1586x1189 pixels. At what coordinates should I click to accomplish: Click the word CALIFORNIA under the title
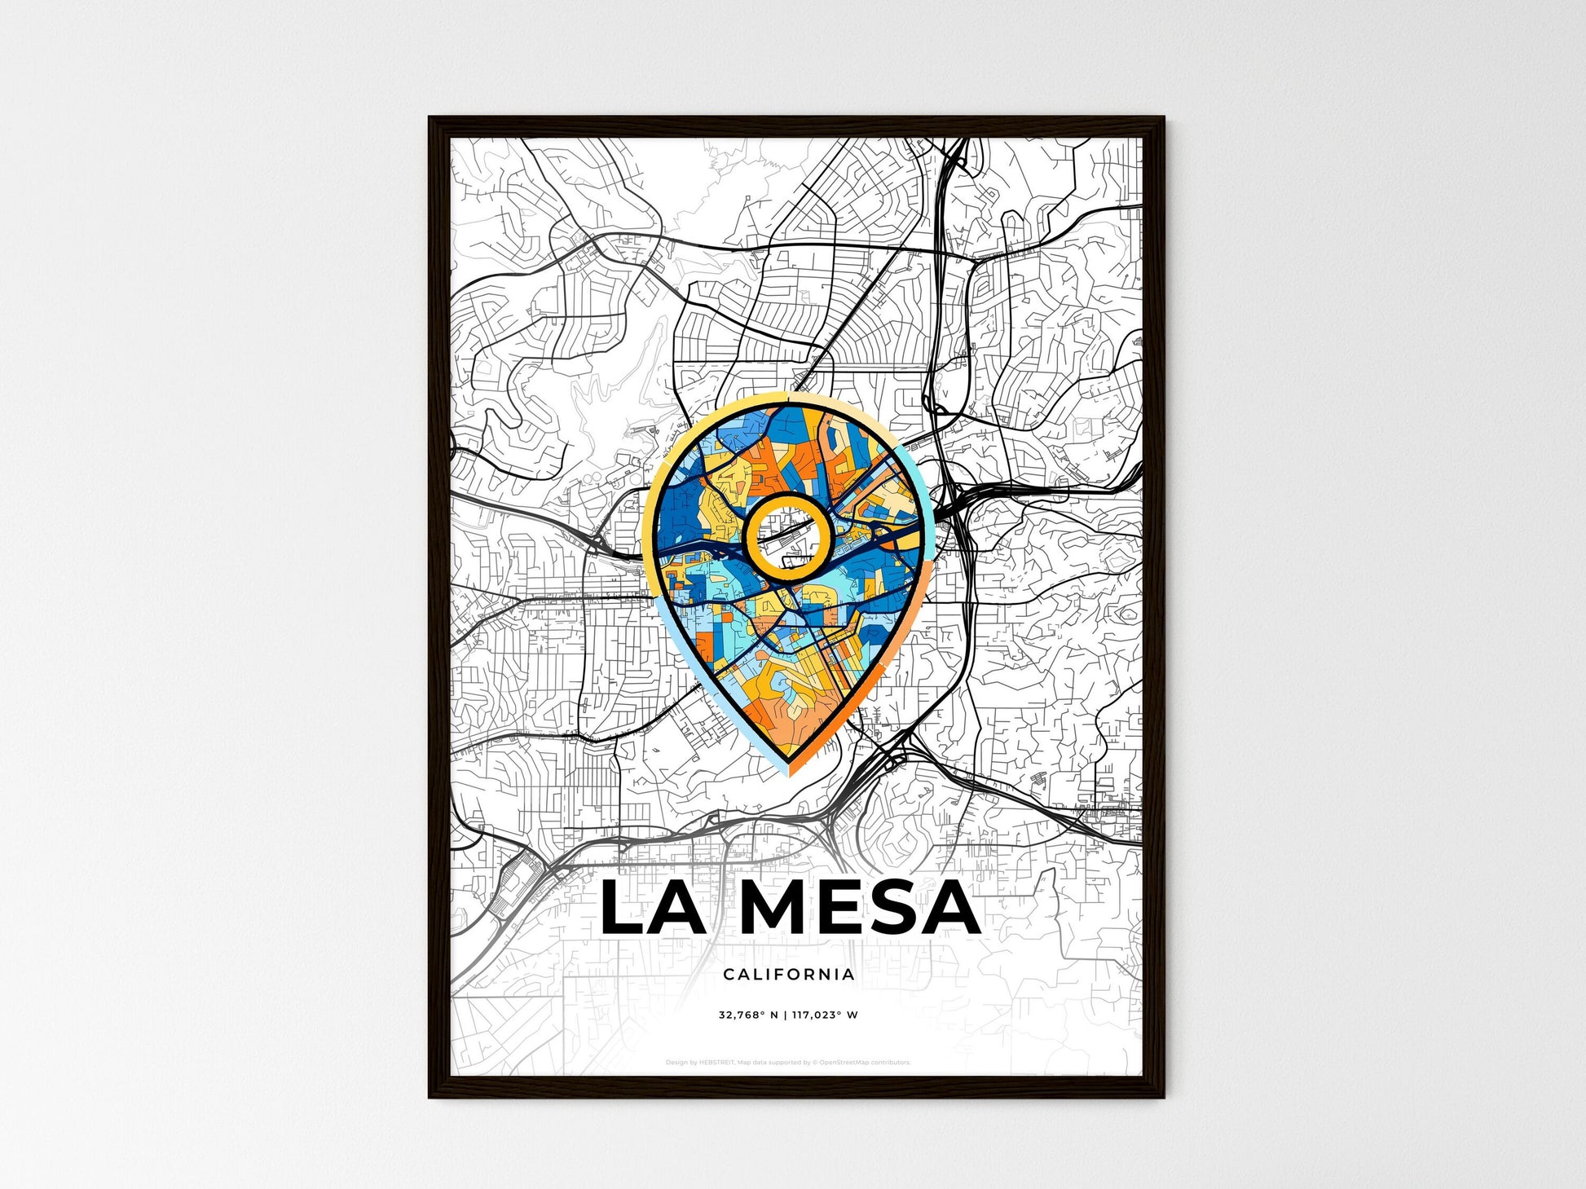coord(788,974)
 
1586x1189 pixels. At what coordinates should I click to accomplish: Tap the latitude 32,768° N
coord(747,1015)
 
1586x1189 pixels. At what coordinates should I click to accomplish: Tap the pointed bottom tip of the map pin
coord(788,773)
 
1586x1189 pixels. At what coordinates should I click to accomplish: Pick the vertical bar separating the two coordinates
coord(786,1015)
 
